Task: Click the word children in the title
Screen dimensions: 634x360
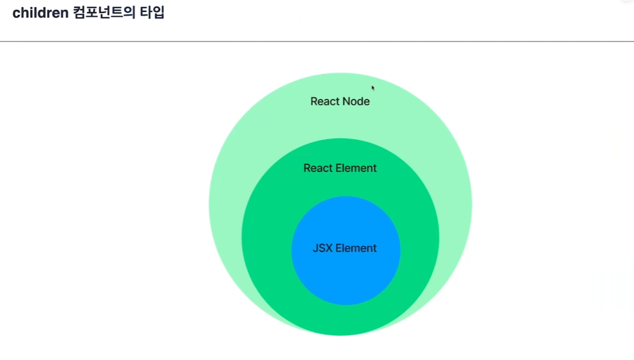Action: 40,13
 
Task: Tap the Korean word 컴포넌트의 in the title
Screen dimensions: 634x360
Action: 104,12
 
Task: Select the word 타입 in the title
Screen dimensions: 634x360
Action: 152,12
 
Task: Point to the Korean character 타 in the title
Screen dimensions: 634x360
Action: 146,12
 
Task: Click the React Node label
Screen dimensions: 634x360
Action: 340,101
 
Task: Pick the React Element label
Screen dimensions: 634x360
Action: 340,168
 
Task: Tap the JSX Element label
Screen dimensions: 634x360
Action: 345,248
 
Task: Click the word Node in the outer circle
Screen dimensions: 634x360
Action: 357,101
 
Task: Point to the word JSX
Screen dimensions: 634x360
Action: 323,248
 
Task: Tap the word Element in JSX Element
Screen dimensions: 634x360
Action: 357,248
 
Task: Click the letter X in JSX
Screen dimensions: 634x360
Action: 329,248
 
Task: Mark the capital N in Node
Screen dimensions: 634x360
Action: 348,101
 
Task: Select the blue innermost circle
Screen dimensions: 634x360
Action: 346,275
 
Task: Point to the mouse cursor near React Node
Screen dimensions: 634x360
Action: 373,87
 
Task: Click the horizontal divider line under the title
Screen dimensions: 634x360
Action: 317,41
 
